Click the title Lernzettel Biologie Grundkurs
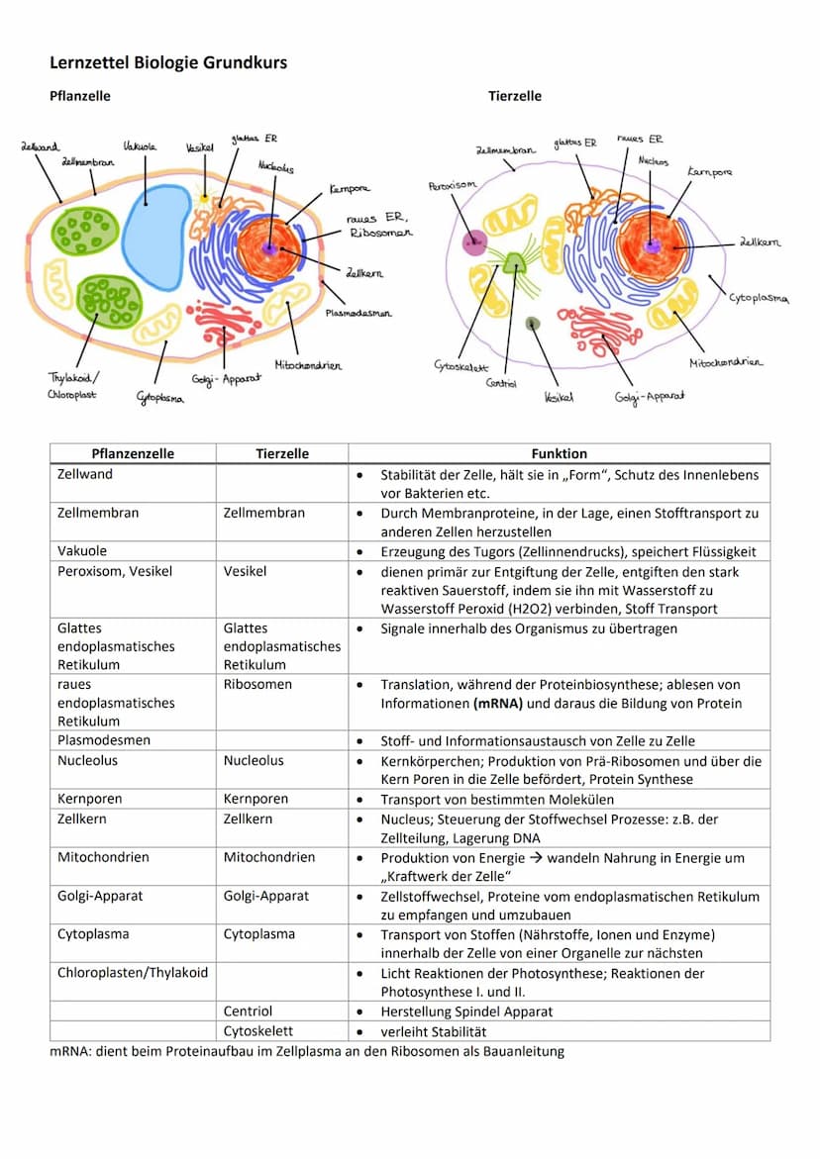(x=168, y=62)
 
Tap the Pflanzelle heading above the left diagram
(x=80, y=96)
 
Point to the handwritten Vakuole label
(x=140, y=146)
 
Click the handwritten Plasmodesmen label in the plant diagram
(x=359, y=313)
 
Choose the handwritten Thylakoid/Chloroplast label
(x=73, y=385)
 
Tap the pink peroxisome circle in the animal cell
(x=475, y=242)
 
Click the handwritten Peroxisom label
(x=453, y=185)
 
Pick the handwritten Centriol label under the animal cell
(x=500, y=383)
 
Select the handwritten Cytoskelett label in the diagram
(x=459, y=365)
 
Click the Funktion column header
(x=559, y=453)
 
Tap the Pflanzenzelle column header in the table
(x=133, y=453)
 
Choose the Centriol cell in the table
(x=248, y=1012)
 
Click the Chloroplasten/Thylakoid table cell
(x=133, y=973)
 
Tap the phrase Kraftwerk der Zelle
(x=447, y=876)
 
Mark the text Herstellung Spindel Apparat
(x=466, y=1012)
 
